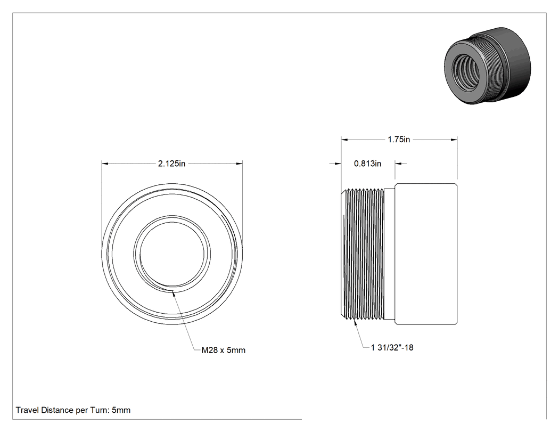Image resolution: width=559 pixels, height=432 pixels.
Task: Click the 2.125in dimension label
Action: coord(171,164)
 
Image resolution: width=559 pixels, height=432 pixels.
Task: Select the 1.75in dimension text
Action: coord(399,140)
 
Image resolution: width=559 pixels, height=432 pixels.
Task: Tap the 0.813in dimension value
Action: coord(367,164)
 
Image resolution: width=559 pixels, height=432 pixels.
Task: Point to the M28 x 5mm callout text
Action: coord(224,351)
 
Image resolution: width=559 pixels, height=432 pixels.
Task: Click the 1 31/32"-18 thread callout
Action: coord(392,347)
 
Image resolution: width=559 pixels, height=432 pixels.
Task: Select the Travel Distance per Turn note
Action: coord(73,410)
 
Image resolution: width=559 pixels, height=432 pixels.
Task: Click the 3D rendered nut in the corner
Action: coord(487,66)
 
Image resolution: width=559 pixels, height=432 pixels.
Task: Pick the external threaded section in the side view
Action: coord(362,254)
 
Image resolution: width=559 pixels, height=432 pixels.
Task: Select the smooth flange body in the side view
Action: coord(426,254)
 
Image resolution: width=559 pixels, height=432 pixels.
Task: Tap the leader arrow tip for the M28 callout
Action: coord(173,291)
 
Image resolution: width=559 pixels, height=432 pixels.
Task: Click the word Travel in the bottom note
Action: coord(27,410)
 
